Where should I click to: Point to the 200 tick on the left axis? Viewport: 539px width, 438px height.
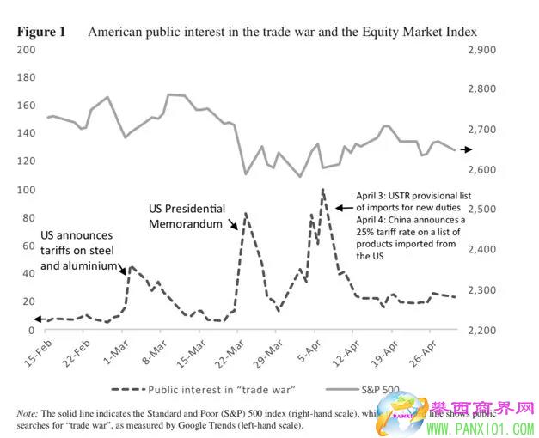click(27, 50)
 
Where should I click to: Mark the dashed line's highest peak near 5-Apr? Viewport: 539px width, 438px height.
click(322, 190)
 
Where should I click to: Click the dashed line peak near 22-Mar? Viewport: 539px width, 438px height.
click(246, 213)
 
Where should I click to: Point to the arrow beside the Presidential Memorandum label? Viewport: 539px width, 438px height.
click(233, 224)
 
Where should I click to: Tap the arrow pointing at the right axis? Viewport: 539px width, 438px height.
click(464, 149)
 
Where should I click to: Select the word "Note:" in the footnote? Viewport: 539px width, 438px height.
click(28, 412)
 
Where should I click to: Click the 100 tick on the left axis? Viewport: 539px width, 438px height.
click(27, 190)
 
